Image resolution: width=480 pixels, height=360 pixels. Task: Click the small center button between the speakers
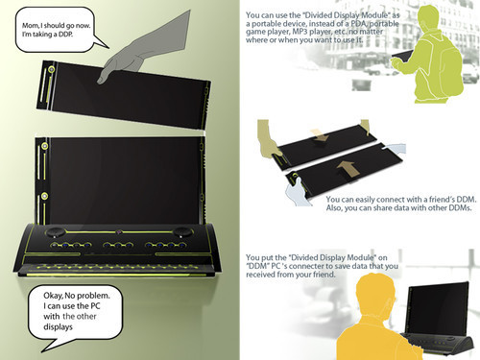coord(118,230)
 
